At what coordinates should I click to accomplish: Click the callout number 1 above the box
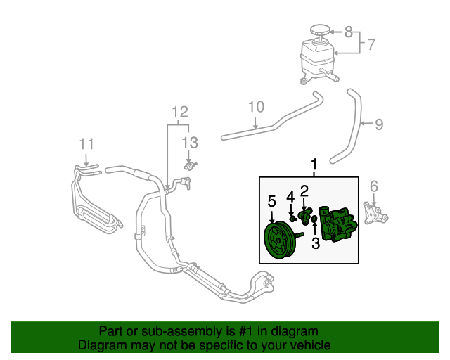pyautogui.click(x=314, y=165)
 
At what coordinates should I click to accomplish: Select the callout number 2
pyautogui.click(x=304, y=191)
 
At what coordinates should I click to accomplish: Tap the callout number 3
pyautogui.click(x=316, y=244)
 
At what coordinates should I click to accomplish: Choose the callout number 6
pyautogui.click(x=373, y=186)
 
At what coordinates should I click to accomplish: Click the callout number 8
pyautogui.click(x=347, y=31)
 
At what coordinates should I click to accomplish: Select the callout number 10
pyautogui.click(x=256, y=107)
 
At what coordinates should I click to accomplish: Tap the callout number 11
pyautogui.click(x=86, y=143)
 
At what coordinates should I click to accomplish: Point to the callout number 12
pyautogui.click(x=180, y=111)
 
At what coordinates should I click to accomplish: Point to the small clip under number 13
pyautogui.click(x=189, y=166)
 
